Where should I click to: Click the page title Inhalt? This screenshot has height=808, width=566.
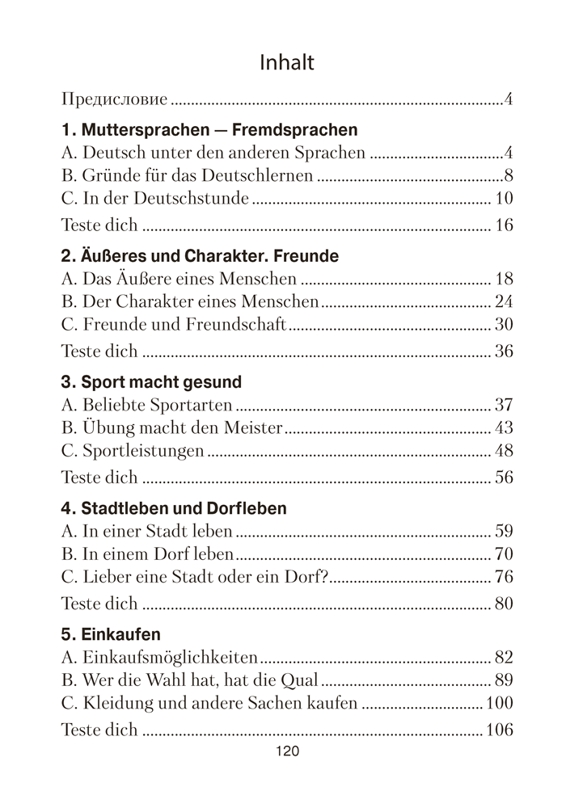287,62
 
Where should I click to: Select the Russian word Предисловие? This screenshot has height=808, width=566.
115,100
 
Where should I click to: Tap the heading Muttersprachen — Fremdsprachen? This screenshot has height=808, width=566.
209,129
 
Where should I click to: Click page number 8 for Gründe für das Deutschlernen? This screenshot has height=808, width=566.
509,175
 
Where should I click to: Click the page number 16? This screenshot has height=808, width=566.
504,225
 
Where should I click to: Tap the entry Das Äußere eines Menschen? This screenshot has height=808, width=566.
179,280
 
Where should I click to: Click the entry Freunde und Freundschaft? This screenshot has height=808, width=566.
173,326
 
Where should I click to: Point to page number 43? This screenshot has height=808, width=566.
504,428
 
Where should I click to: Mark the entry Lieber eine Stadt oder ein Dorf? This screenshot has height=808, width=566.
196,578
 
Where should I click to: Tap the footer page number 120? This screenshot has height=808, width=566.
287,752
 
